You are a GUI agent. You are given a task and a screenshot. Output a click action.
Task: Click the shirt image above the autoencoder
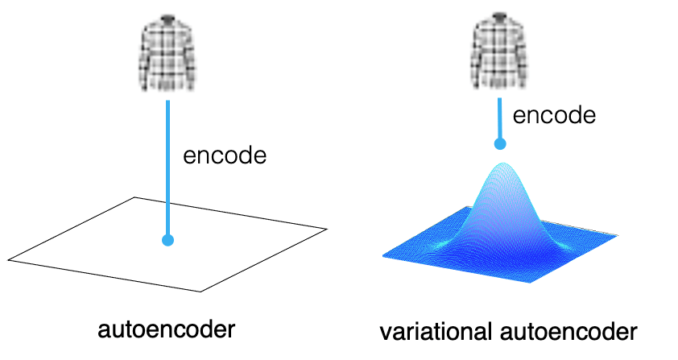pyautogui.click(x=167, y=53)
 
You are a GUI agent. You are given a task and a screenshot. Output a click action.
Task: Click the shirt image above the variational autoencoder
pyautogui.click(x=499, y=51)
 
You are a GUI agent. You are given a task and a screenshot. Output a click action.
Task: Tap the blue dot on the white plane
pyautogui.click(x=167, y=240)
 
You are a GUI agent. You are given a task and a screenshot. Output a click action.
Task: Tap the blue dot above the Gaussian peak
pyautogui.click(x=500, y=143)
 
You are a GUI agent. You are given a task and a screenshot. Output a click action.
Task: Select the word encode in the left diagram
pyautogui.click(x=225, y=155)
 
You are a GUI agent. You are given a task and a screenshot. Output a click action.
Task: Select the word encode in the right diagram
pyautogui.click(x=554, y=115)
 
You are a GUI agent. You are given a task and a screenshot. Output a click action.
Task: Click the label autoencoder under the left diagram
pyautogui.click(x=167, y=329)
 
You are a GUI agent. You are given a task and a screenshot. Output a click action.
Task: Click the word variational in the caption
pyautogui.click(x=436, y=332)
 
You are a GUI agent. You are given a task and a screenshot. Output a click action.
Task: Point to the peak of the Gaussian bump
pyautogui.click(x=502, y=163)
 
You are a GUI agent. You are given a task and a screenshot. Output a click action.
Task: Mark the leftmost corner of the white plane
pyautogui.click(x=9, y=260)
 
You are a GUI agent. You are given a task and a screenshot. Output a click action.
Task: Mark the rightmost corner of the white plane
pyautogui.click(x=327, y=229)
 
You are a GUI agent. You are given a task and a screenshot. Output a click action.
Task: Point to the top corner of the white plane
pyautogui.click(x=134, y=197)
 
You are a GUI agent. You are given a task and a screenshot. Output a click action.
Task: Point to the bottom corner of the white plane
pyautogui.click(x=201, y=292)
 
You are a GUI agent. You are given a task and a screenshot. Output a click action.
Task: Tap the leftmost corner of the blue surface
pyautogui.click(x=383, y=256)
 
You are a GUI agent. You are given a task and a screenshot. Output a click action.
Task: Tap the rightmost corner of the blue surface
pyautogui.click(x=617, y=236)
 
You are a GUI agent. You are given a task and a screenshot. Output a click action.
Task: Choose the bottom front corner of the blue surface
pyautogui.click(x=530, y=283)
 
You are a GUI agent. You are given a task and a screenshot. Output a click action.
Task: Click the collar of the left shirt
pyautogui.click(x=167, y=19)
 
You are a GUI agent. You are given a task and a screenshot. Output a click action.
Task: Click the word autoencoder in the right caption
pyautogui.click(x=568, y=332)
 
